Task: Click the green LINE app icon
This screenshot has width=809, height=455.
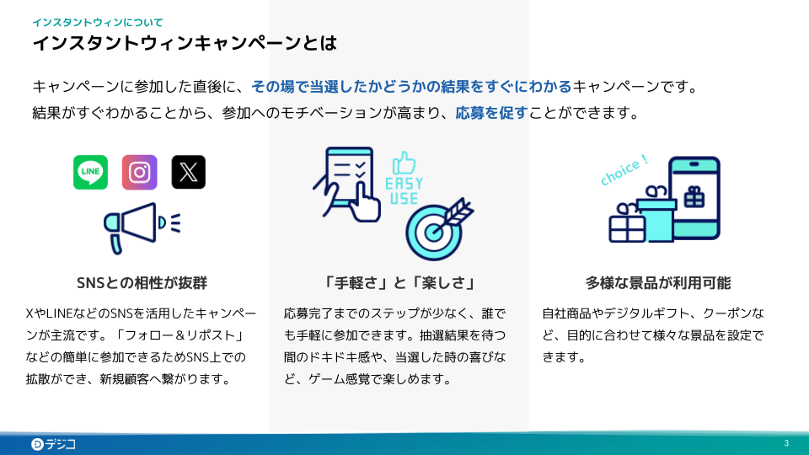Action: point(90,172)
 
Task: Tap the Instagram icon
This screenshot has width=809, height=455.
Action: point(139,172)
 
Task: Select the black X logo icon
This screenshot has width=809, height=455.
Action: point(189,172)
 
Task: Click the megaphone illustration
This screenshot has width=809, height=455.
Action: point(140,225)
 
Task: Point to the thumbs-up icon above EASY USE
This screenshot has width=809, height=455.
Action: point(405,163)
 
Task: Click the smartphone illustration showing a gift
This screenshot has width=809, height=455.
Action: point(694,199)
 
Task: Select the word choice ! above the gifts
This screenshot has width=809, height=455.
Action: point(624,169)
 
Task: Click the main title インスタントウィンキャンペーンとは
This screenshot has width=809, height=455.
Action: point(185,43)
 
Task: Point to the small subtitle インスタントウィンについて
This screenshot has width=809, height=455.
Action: point(98,22)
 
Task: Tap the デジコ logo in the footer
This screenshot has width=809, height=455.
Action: point(53,444)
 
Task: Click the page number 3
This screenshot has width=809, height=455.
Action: point(786,444)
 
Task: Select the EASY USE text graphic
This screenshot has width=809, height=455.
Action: point(404,191)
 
